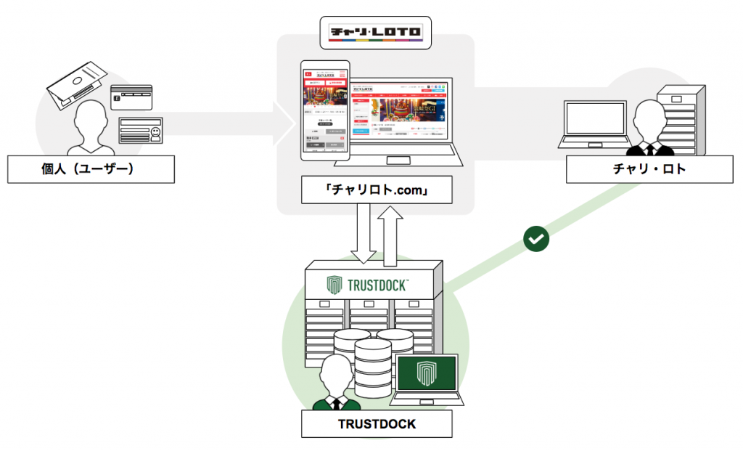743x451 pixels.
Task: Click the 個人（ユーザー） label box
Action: (x=90, y=170)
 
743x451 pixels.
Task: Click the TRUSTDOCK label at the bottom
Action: (x=377, y=423)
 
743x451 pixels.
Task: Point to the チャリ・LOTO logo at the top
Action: (x=375, y=31)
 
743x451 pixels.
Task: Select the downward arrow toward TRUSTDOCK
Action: (x=363, y=233)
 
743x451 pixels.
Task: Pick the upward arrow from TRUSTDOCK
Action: (x=391, y=232)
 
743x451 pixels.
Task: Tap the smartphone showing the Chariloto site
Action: (x=326, y=110)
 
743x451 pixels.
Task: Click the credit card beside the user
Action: (x=131, y=97)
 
